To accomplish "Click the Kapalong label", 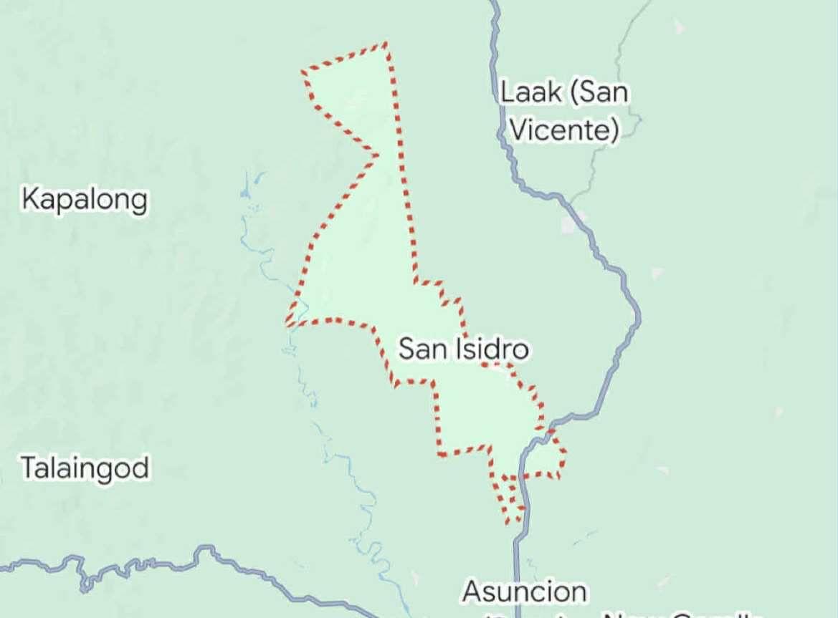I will [x=85, y=199].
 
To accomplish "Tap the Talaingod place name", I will [x=85, y=468].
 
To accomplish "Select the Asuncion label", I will [x=525, y=592].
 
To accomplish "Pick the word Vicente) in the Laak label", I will [x=567, y=130].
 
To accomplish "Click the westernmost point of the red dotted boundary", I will [x=287, y=324].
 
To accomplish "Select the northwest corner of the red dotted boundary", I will [x=303, y=72].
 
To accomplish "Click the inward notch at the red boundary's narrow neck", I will [x=377, y=154].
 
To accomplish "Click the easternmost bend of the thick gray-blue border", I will [x=639, y=316].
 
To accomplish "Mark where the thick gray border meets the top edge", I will [x=493, y=2].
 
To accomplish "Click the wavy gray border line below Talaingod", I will [x=143, y=563].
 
